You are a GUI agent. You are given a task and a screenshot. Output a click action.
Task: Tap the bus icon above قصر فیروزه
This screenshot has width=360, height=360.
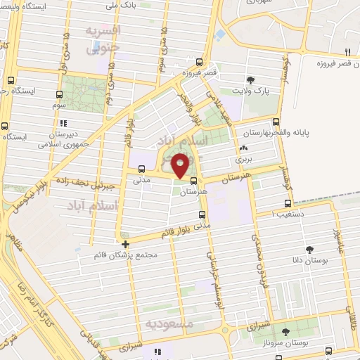(200, 62)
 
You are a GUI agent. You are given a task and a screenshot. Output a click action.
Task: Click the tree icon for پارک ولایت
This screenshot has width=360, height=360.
(251, 79)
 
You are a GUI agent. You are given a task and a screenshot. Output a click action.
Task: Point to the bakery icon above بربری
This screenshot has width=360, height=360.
(243, 148)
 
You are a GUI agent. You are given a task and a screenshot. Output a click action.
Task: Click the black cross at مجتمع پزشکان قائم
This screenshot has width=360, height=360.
(125, 245)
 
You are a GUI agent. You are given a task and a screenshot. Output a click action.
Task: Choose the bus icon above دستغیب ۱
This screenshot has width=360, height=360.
(274, 200)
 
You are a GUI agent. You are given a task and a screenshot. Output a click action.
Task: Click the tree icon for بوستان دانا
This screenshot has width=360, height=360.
(309, 249)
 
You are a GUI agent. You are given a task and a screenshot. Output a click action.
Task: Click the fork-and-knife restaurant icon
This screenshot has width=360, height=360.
(347, 53)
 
